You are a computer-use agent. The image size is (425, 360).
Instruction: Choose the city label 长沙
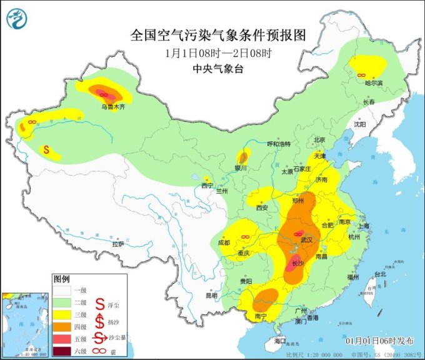[x=299, y=263]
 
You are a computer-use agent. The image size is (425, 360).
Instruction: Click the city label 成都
[x=224, y=242]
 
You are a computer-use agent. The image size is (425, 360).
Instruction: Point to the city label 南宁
[x=262, y=317]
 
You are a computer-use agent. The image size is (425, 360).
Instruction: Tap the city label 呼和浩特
[x=279, y=144]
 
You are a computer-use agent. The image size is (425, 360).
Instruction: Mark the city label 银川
[x=241, y=168]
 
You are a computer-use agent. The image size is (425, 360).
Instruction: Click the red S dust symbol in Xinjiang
[x=46, y=150]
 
